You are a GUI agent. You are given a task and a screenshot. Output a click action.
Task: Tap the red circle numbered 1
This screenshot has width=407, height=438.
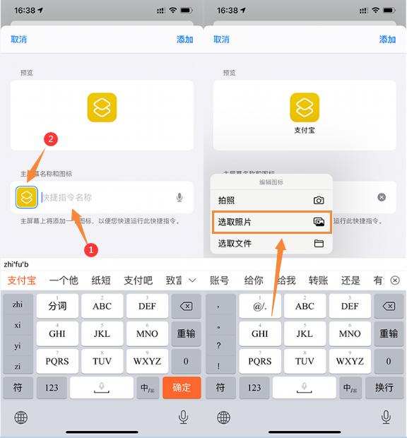click(x=90, y=249)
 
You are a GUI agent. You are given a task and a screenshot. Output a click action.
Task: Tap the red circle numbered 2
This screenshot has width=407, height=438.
click(x=50, y=139)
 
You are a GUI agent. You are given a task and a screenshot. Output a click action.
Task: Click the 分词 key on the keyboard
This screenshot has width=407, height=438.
click(x=57, y=307)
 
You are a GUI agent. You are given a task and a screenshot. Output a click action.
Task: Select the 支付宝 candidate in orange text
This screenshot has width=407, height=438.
click(x=22, y=280)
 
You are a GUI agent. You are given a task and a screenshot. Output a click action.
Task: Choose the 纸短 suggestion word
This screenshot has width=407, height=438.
click(x=101, y=280)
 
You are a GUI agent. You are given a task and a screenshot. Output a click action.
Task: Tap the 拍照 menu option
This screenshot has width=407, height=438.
click(x=227, y=201)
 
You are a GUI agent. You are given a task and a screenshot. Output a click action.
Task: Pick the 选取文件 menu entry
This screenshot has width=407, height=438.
click(x=235, y=244)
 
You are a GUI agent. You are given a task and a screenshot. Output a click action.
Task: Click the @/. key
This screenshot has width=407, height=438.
click(x=260, y=307)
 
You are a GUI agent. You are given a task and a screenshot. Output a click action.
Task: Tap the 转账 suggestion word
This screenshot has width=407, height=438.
click(x=318, y=280)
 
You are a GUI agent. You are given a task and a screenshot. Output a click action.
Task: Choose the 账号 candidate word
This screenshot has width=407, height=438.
click(x=220, y=280)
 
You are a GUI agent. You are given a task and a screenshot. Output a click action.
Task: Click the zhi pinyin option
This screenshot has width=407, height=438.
click(x=18, y=304)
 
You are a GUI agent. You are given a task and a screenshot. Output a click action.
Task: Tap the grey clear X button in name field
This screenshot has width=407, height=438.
click(x=382, y=197)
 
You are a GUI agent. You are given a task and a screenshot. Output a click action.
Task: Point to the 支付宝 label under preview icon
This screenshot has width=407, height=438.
click(x=305, y=131)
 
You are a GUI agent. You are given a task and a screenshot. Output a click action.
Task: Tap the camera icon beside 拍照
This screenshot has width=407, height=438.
click(x=319, y=201)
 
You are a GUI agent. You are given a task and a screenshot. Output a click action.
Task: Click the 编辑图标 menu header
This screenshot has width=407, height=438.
click(x=271, y=182)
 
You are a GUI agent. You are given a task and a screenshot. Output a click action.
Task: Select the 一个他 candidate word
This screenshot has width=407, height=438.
click(x=64, y=280)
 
